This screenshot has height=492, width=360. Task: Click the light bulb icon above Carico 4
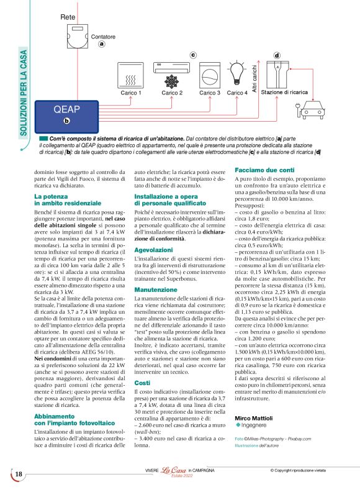point(237,73)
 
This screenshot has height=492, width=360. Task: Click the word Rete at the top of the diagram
point(68,17)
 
